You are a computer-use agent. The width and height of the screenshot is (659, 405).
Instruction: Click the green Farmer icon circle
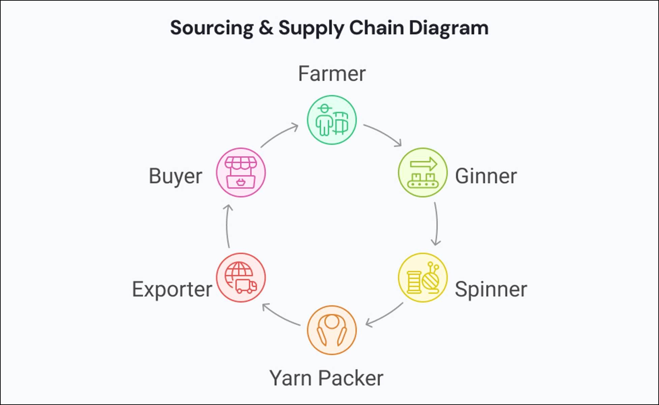(x=332, y=120)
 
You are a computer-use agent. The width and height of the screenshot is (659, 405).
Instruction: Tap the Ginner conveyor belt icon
(x=423, y=173)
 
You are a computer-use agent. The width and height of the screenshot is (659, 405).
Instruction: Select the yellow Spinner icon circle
(x=423, y=278)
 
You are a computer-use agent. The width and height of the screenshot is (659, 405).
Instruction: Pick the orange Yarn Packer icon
(x=332, y=330)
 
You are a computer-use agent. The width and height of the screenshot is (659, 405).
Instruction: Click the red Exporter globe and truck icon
(x=241, y=278)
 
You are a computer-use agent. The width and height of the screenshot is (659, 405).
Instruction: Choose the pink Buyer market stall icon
(x=241, y=173)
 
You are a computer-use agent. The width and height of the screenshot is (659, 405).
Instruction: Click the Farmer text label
(x=332, y=74)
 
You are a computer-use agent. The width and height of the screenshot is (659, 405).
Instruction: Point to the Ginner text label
(x=486, y=176)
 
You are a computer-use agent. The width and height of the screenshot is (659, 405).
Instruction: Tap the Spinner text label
(x=491, y=289)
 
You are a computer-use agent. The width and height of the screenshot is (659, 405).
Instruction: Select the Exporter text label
(x=172, y=289)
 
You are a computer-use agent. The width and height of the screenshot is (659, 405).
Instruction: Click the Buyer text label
(x=175, y=176)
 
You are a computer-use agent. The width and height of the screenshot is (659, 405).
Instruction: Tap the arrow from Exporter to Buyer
(x=227, y=226)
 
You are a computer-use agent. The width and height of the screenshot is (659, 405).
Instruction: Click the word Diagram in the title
(x=449, y=28)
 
